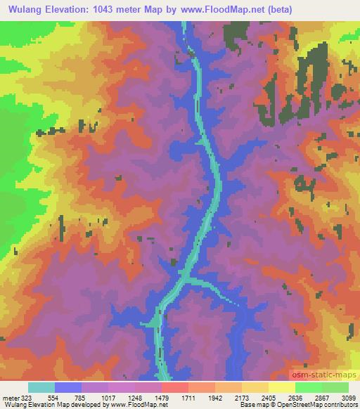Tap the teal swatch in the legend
(x=41, y=387)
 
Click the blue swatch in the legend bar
(x=68, y=387)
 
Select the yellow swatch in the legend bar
(x=281, y=387)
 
